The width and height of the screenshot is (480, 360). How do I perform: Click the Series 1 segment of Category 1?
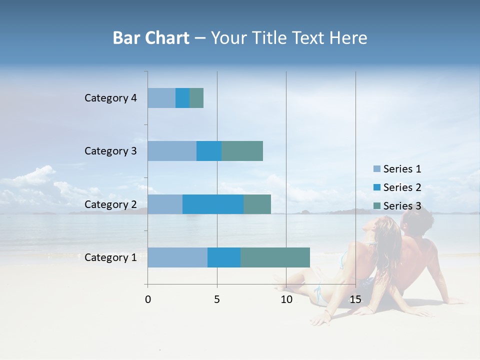click(177, 257)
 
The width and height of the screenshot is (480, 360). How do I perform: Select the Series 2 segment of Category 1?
click(224, 257)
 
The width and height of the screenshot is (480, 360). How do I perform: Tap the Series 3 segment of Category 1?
click(275, 257)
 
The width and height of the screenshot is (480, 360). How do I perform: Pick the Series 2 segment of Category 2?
click(213, 204)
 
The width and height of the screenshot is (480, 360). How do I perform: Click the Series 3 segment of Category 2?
click(257, 204)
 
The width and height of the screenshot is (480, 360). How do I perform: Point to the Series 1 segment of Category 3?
click(172, 151)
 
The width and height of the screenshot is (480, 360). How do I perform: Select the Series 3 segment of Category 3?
click(242, 151)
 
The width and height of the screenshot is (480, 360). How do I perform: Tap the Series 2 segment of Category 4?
click(182, 98)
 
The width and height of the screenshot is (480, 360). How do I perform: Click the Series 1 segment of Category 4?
click(161, 98)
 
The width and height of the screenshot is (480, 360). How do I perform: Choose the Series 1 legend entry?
click(397, 169)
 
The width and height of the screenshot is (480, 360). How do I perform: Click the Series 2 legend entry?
click(397, 187)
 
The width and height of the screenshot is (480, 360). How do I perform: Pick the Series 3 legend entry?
click(397, 206)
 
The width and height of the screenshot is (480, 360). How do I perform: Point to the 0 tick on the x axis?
click(148, 299)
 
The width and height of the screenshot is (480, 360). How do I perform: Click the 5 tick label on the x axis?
click(217, 299)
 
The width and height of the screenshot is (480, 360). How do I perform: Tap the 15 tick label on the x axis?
click(355, 299)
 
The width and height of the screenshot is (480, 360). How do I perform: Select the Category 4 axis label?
click(110, 98)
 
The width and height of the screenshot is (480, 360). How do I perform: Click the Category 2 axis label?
click(110, 204)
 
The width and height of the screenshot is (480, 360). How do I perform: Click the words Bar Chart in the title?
click(151, 38)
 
